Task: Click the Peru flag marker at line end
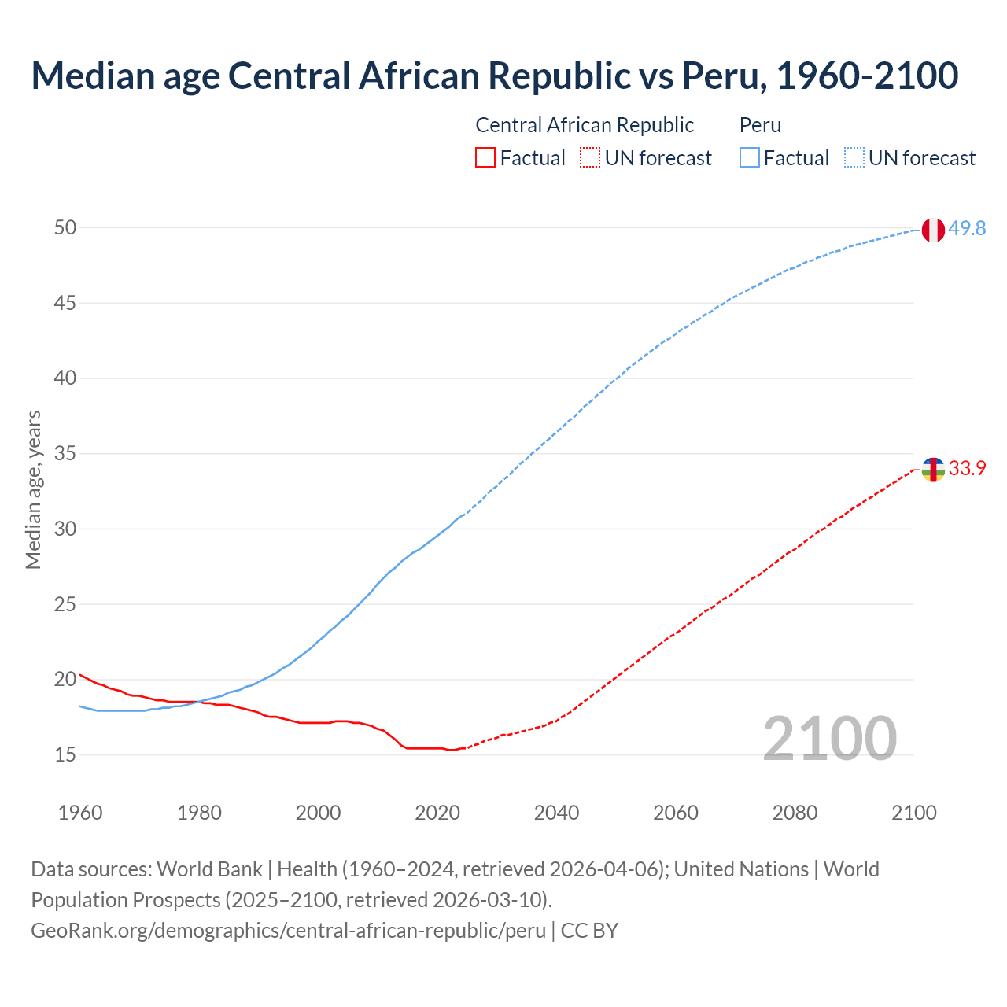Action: tap(932, 230)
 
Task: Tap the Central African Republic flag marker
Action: tap(932, 470)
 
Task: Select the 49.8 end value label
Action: tap(967, 228)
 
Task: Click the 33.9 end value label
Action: tap(967, 468)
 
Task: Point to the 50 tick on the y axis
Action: tap(65, 227)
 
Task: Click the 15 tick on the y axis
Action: tap(65, 754)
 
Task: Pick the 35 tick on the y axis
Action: tap(65, 453)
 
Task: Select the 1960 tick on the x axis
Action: tap(80, 813)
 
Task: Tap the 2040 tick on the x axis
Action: tap(556, 813)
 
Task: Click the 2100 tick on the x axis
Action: tap(913, 813)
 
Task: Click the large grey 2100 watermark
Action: tap(829, 739)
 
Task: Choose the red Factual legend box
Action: tap(485, 157)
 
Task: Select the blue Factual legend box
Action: tap(750, 157)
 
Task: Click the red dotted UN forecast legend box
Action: tap(590, 157)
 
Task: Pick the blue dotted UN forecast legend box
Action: tap(854, 157)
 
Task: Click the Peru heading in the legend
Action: tap(760, 125)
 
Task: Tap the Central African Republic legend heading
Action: tap(585, 125)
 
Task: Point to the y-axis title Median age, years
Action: tap(33, 489)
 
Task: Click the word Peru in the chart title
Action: tap(722, 76)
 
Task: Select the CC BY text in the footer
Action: tap(589, 930)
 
